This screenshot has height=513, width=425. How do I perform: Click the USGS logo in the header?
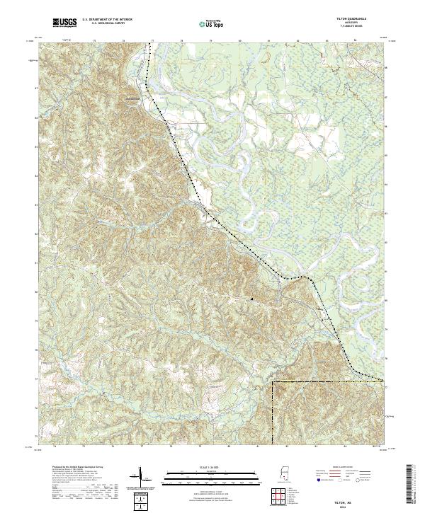click(x=65, y=23)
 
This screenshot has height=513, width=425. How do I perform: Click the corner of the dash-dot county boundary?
click(x=273, y=383)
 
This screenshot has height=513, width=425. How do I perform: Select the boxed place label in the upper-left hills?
click(x=130, y=98)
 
